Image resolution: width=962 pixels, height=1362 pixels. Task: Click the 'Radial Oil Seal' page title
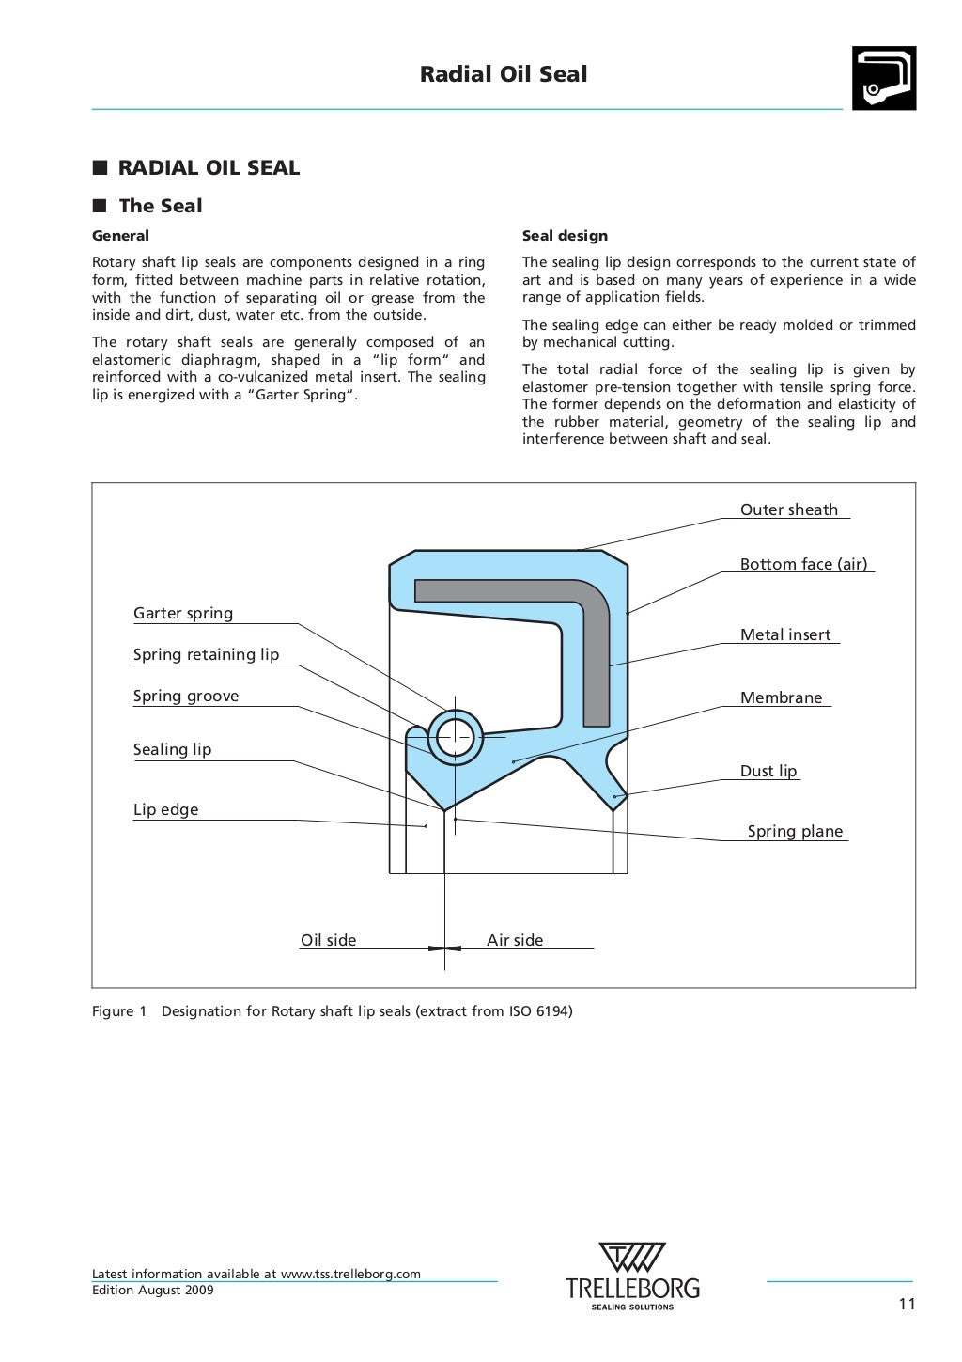tap(504, 74)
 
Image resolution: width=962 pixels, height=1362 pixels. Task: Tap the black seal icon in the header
tap(883, 79)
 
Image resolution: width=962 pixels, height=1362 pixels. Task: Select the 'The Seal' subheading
tap(160, 206)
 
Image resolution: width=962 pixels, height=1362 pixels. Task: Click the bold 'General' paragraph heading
tap(120, 236)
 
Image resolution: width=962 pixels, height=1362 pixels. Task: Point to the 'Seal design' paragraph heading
tap(565, 236)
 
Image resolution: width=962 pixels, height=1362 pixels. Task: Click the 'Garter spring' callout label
tap(183, 614)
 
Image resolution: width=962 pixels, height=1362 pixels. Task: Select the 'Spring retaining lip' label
tap(206, 655)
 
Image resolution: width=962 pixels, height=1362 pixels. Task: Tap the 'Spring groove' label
tap(186, 697)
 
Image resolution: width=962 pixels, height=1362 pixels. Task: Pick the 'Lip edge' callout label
tap(165, 810)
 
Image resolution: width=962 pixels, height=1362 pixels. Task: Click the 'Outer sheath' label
tap(788, 510)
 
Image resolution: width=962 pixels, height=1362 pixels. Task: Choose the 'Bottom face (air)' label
tap(803, 565)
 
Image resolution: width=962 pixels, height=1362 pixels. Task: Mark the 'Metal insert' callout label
tap(785, 635)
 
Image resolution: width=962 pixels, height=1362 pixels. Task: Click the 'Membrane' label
tap(781, 698)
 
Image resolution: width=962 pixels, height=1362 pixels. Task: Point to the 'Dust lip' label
tap(768, 772)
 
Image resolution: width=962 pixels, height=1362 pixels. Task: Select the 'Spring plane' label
tap(795, 832)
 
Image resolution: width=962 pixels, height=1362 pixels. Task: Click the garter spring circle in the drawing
tap(455, 737)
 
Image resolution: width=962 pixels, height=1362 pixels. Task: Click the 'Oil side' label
tap(328, 941)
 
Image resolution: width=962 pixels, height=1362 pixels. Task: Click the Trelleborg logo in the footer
tap(632, 1276)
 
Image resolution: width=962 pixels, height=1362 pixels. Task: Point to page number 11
tap(906, 1304)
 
